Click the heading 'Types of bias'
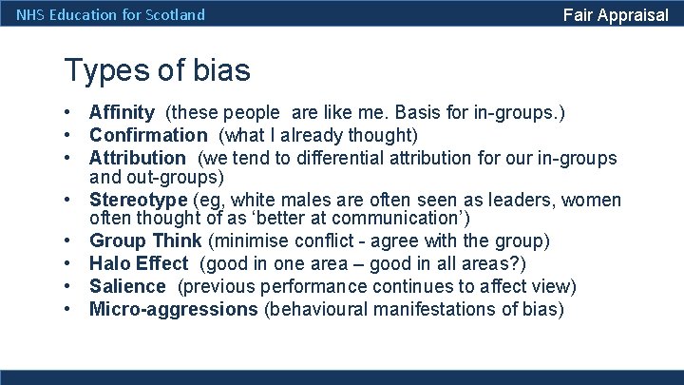(157, 70)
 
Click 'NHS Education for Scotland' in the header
(111, 14)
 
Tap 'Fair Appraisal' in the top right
(616, 14)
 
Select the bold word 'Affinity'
(123, 113)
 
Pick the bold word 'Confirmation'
(148, 135)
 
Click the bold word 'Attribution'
(138, 158)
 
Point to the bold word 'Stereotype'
(139, 200)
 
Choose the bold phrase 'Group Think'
(145, 241)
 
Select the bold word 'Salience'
(127, 286)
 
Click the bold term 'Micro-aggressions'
(174, 308)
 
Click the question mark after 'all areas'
(521, 263)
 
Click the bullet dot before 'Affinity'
(70, 113)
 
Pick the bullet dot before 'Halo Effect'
(70, 263)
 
